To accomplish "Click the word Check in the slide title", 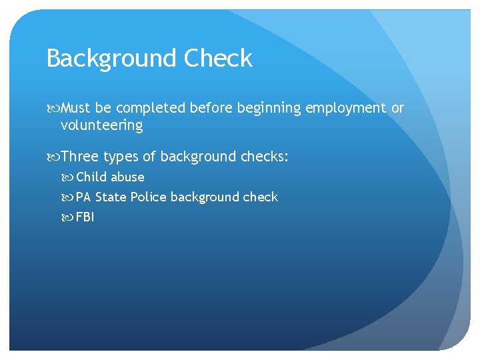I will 219,59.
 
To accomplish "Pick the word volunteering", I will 101,125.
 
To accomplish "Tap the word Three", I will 79,157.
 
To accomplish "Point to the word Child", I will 91,177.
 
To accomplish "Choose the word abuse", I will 127,177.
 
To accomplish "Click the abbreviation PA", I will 83,197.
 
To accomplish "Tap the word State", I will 111,197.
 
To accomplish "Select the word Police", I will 149,197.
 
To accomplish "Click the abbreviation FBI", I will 85,217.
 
